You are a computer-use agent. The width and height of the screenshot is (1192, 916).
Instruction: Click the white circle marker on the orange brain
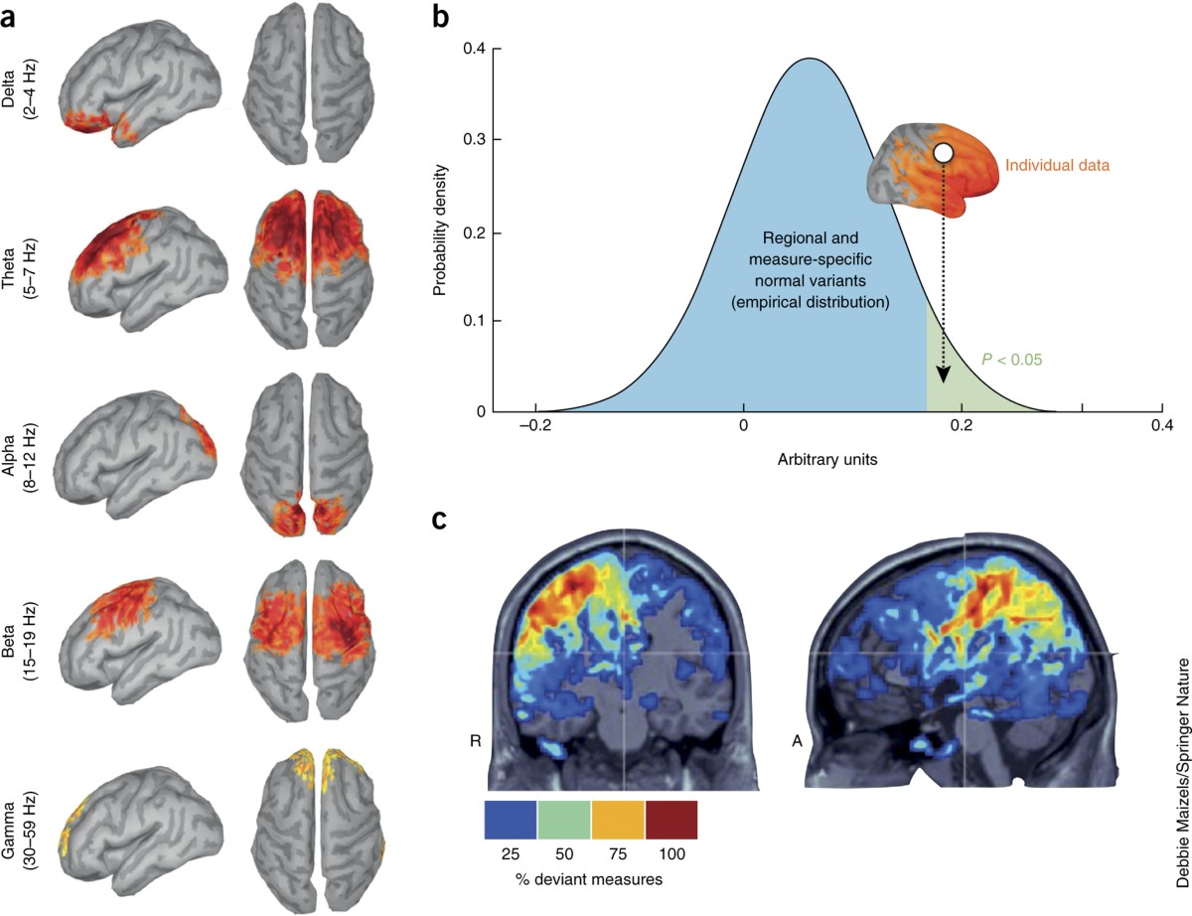click(x=944, y=152)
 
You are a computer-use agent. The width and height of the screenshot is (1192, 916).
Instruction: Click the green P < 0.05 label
click(x=1011, y=360)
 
